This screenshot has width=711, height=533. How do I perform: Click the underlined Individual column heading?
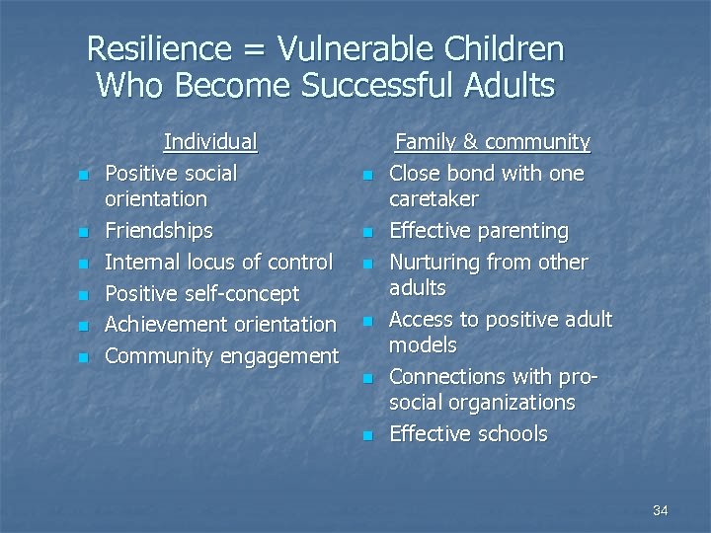210,142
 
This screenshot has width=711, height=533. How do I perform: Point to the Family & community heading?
492,142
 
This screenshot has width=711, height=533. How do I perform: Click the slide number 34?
661,510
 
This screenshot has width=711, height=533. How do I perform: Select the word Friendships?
158,231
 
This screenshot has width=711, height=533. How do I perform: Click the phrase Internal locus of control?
218,263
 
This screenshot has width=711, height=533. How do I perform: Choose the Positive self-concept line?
201,293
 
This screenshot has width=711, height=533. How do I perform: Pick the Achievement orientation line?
220,324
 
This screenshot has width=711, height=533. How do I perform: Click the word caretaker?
434,199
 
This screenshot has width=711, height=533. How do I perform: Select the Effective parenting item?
479,231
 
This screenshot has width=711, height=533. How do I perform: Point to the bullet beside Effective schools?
367,435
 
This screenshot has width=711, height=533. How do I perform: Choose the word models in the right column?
423,345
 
